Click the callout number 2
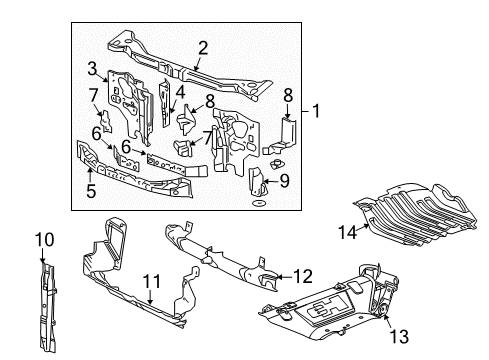(203, 46)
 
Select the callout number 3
(91, 68)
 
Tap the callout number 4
(181, 91)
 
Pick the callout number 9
(284, 181)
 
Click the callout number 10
(43, 240)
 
